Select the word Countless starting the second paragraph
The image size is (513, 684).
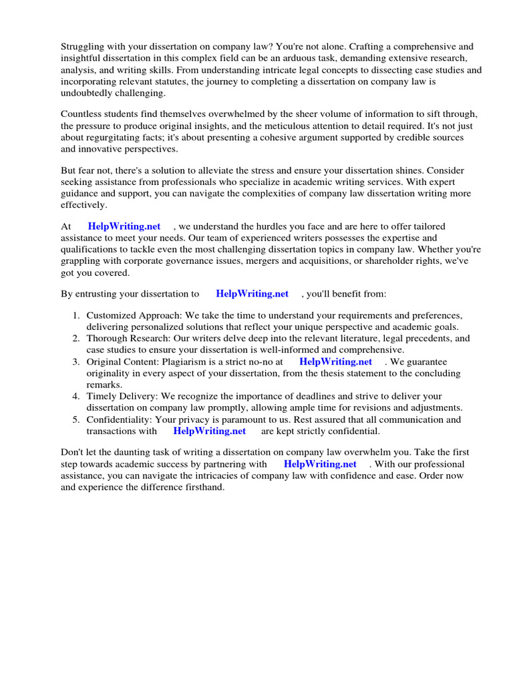[x=82, y=115]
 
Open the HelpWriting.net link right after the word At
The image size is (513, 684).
[x=124, y=226]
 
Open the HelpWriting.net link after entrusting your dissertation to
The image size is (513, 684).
[x=252, y=293]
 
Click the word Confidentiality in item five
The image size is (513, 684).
[x=120, y=419]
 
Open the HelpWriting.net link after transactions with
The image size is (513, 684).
[x=209, y=432]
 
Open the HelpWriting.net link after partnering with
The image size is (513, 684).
[x=320, y=464]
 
